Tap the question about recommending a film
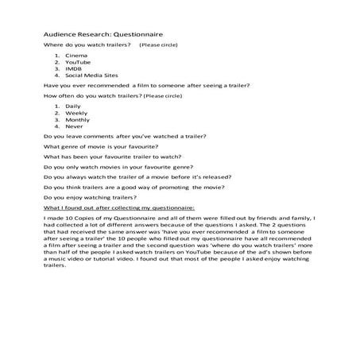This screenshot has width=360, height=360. (x=135, y=84)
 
